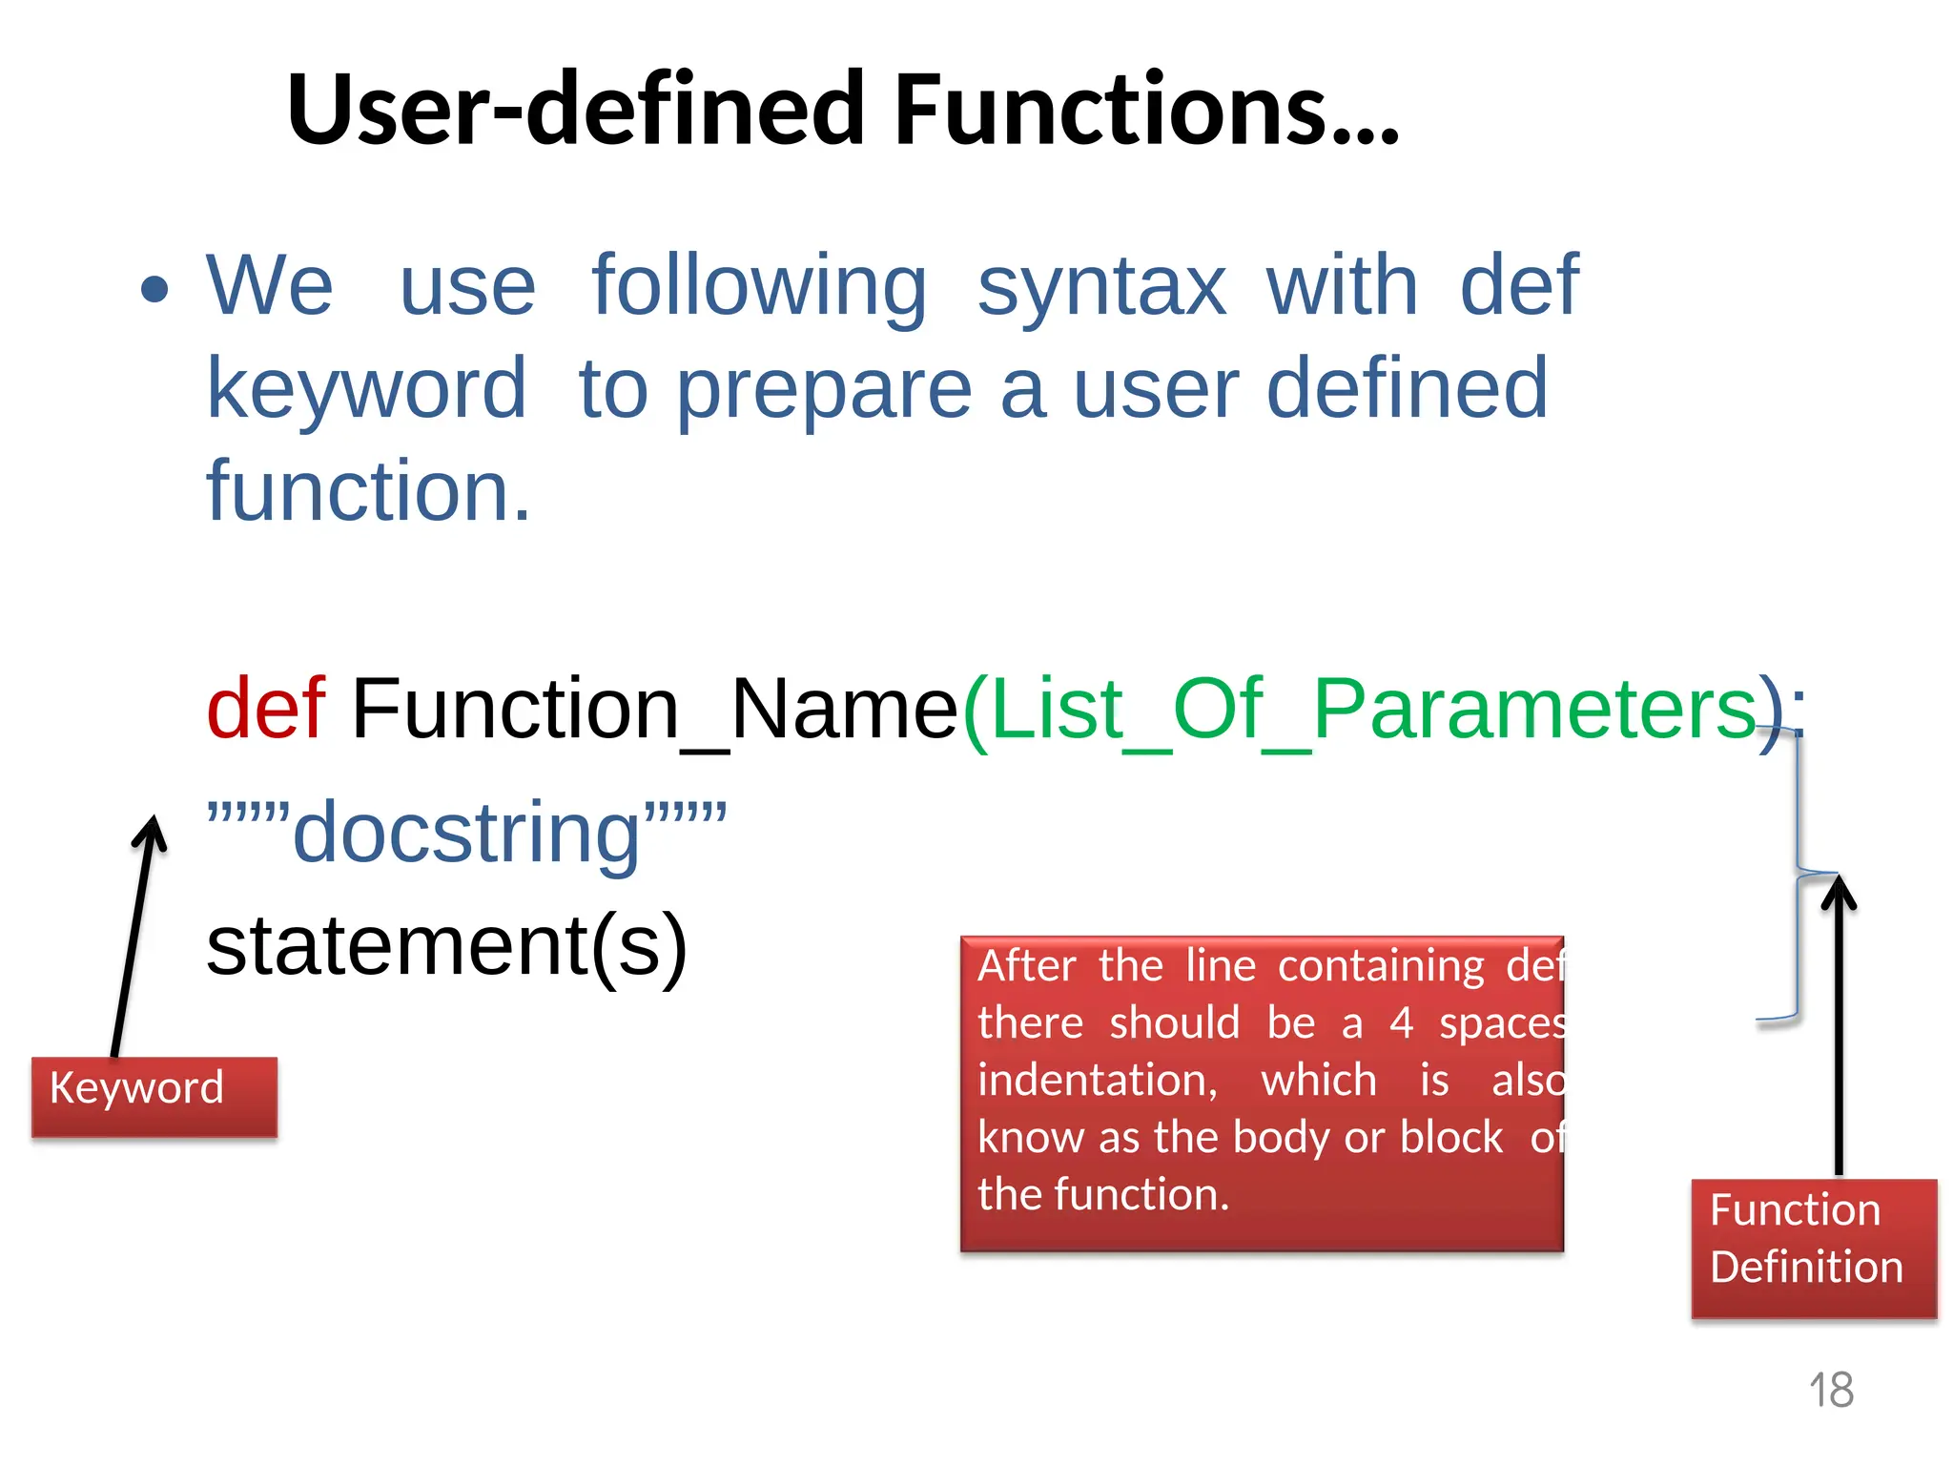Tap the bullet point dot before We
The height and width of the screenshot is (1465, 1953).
tap(154, 289)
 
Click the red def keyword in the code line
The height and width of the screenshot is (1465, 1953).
tap(266, 709)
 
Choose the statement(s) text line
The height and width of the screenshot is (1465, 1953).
tap(446, 947)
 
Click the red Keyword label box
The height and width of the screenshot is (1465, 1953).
tap(154, 1096)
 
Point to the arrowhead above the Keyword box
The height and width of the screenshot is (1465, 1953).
tap(151, 830)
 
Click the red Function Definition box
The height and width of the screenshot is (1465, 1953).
tap(1814, 1248)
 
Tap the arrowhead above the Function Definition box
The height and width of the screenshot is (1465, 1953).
tap(1838, 892)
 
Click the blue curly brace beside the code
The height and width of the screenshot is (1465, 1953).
tap(1799, 873)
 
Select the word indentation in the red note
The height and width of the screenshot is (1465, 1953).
tap(1097, 1081)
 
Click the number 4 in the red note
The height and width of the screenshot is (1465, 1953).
tap(1401, 1023)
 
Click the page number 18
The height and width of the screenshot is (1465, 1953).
tap(1831, 1390)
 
